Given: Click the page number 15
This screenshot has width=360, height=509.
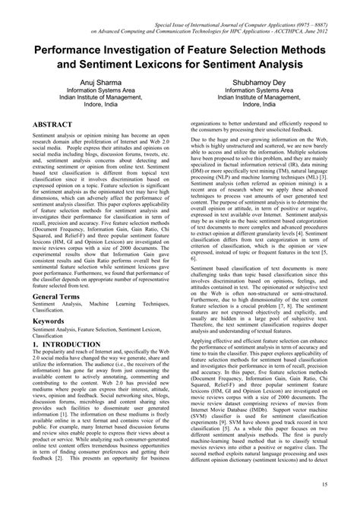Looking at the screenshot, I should (345, 485).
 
